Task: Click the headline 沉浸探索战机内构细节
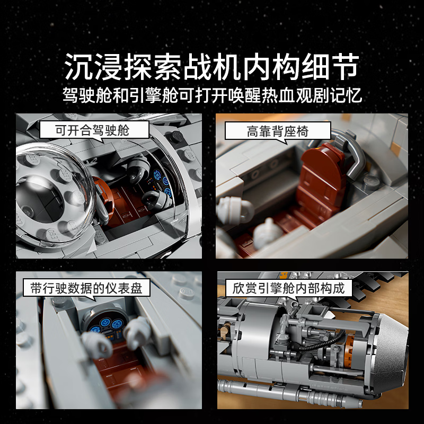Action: pos(212,67)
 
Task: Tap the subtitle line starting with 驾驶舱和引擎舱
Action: pos(212,95)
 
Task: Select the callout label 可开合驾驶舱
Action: pos(92,130)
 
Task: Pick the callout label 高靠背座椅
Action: pos(278,131)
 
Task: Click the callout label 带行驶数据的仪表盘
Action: pos(86,288)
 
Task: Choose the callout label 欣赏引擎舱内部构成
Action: pos(288,288)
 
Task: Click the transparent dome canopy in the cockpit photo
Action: pos(54,193)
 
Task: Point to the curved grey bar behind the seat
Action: pos(351,157)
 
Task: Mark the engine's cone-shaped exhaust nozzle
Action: pos(390,351)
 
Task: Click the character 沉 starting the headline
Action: pos(79,67)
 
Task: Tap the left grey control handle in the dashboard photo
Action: pos(96,346)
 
